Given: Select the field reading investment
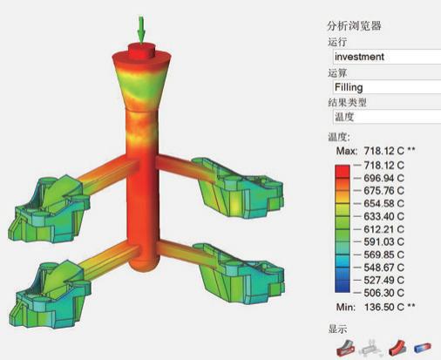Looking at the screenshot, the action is click(387, 57).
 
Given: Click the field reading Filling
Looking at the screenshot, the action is click(387, 87).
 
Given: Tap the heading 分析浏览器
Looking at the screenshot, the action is click(354, 26).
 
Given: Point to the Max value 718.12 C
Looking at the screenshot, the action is click(383, 151).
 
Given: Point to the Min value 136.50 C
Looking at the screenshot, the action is click(383, 307).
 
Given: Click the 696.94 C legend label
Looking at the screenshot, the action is click(383, 178).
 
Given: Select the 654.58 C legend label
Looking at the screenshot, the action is click(383, 203).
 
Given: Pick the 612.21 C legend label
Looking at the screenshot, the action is click(383, 229).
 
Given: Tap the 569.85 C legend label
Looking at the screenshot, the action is click(383, 255).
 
